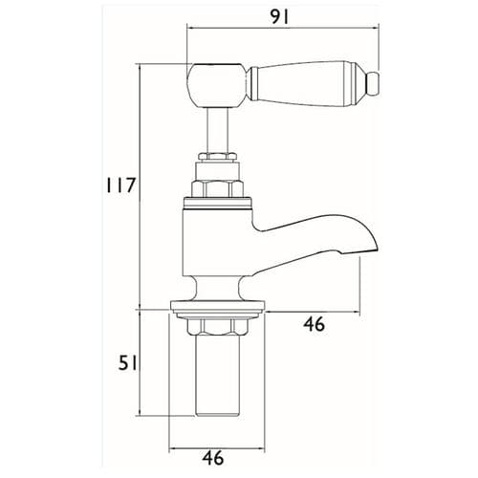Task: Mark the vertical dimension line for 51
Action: click(x=140, y=363)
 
